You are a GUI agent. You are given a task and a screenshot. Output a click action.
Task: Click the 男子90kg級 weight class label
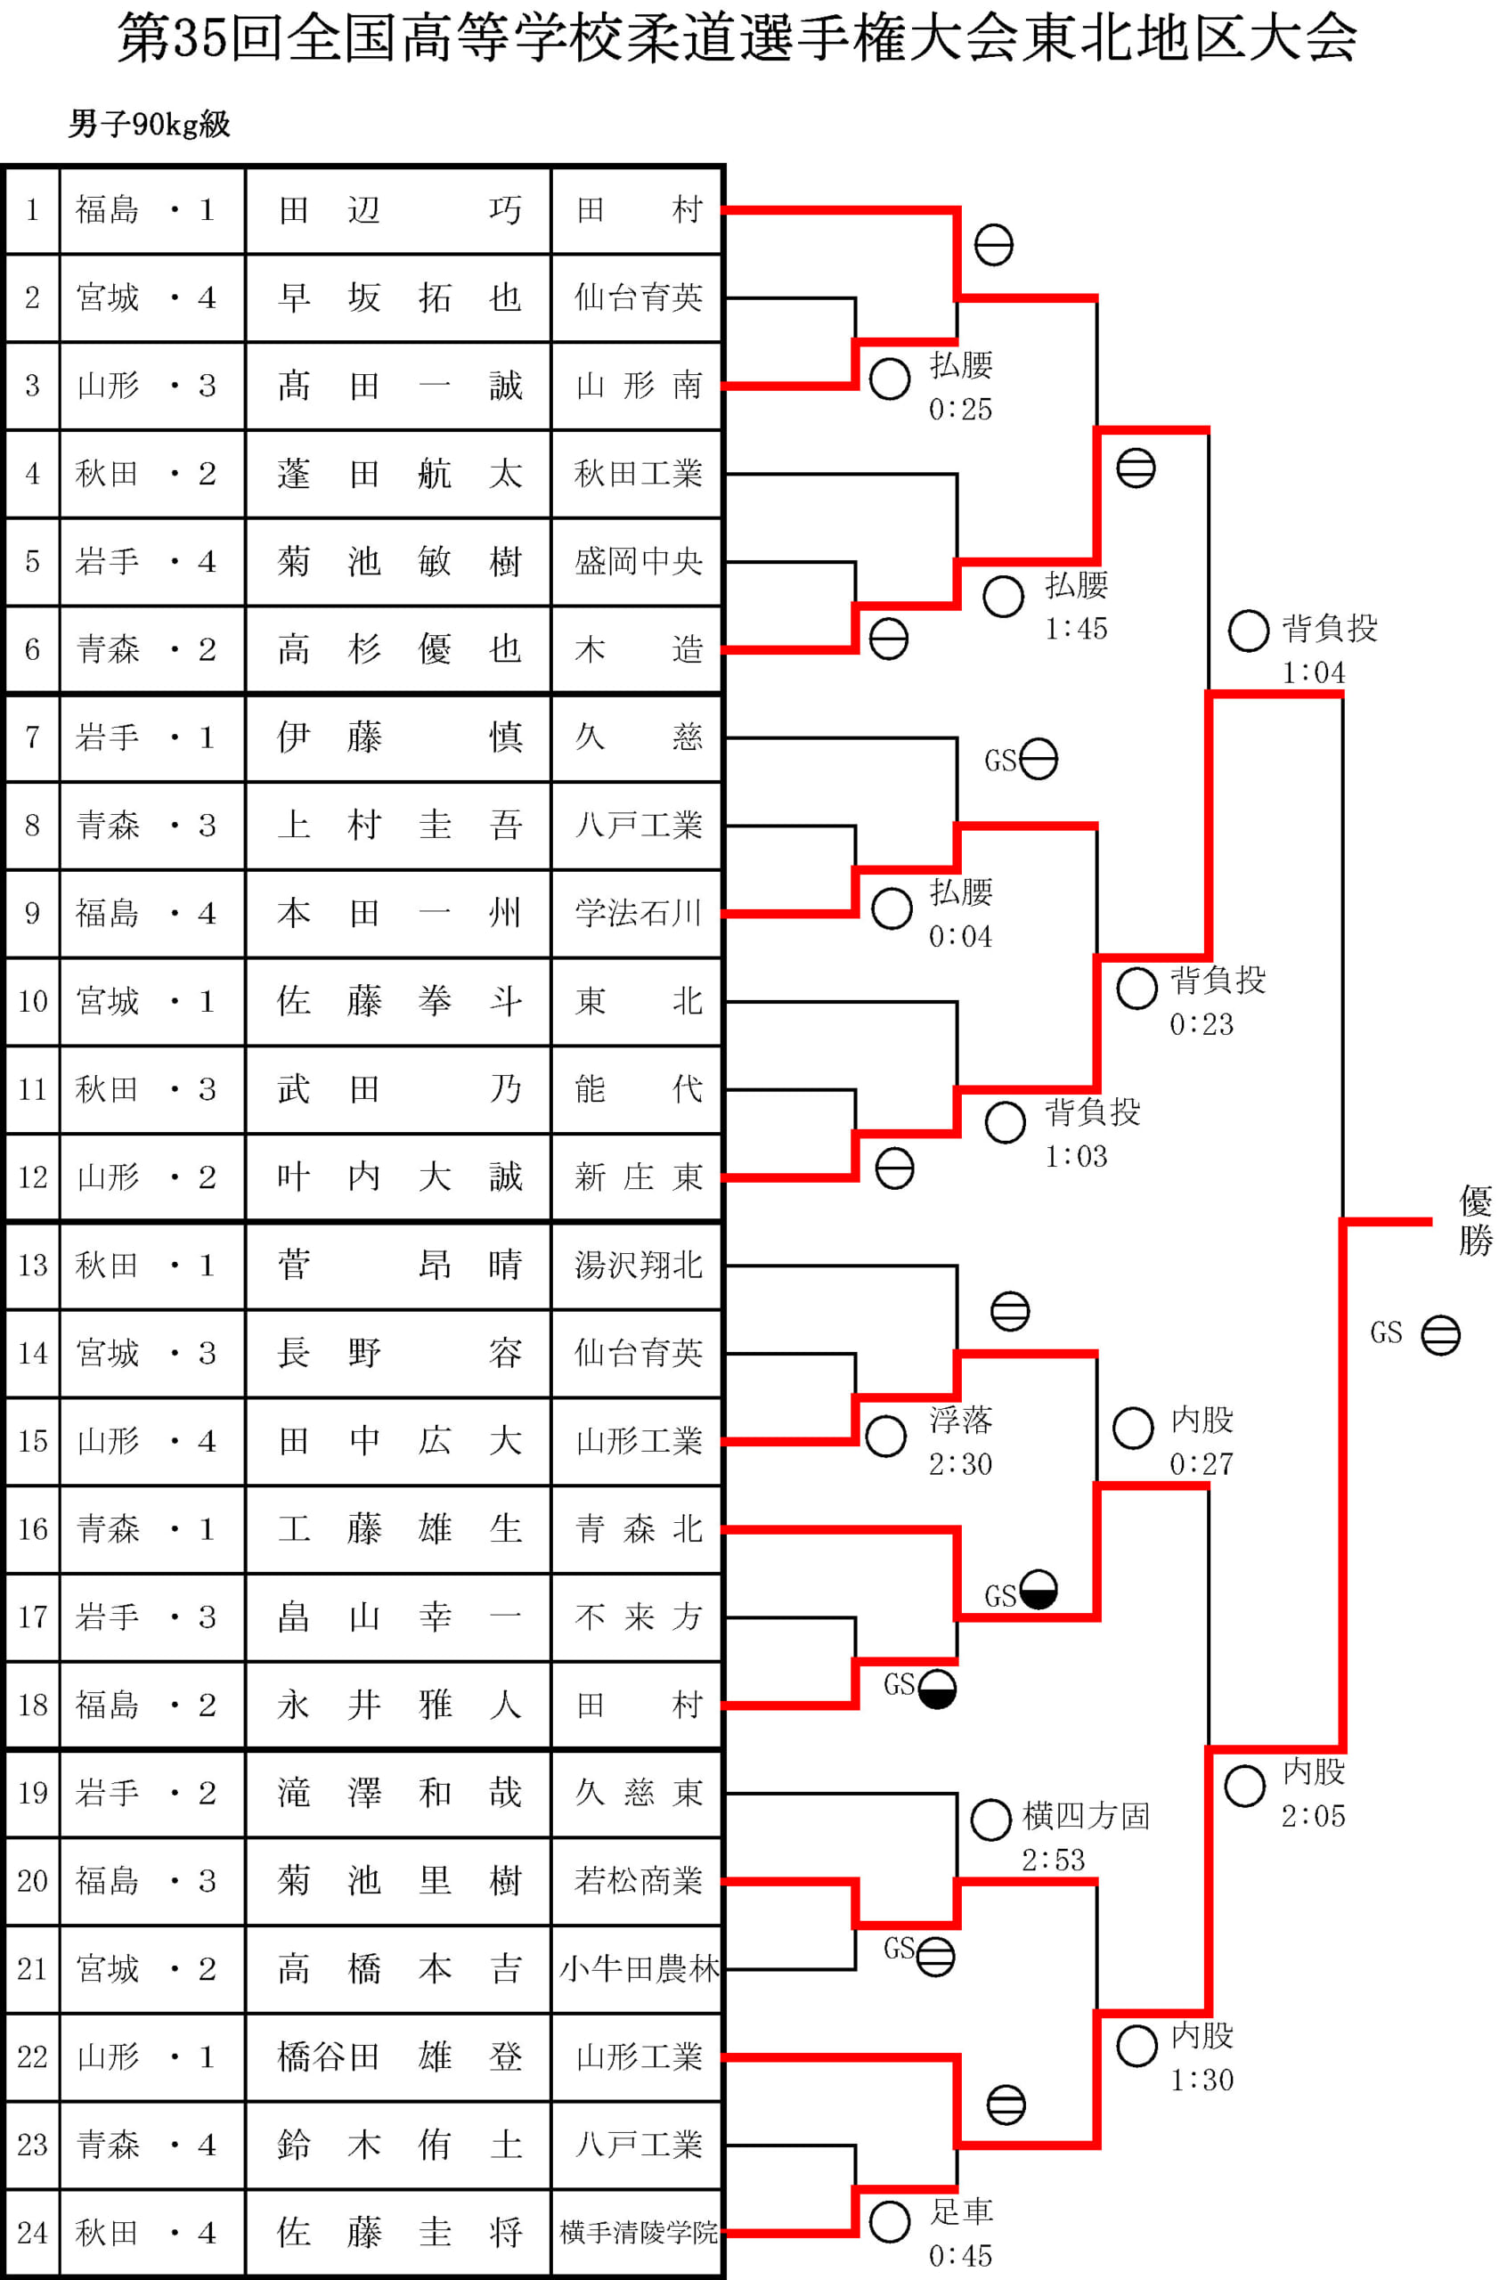150,125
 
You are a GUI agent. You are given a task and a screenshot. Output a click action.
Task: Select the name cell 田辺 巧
398,210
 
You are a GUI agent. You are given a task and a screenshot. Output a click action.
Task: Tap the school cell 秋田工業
637,473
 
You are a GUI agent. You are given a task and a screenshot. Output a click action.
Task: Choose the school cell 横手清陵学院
637,2233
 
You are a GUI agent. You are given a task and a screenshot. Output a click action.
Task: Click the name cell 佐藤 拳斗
398,1001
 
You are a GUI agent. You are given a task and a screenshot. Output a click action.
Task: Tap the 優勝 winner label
1474,1220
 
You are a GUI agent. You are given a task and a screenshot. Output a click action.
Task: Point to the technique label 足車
962,2212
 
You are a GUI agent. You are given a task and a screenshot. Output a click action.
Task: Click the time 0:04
960,936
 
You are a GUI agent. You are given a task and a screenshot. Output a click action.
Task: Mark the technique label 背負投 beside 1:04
1329,629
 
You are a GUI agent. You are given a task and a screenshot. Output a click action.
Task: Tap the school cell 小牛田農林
637,1969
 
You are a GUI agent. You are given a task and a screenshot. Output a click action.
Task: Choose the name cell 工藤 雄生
398,1529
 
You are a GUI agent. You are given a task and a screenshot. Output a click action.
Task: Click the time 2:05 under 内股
1313,1815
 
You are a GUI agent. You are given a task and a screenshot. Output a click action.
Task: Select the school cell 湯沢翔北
637,1266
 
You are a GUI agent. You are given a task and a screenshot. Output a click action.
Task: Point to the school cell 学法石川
637,913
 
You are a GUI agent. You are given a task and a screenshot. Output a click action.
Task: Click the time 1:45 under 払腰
1076,629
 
